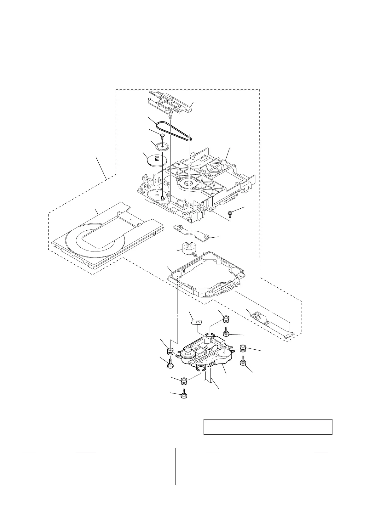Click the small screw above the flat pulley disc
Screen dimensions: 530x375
(x=162, y=136)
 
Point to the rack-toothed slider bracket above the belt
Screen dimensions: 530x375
(x=170, y=103)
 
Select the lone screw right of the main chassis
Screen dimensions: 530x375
(x=230, y=214)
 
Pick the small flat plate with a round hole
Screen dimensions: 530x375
(x=197, y=322)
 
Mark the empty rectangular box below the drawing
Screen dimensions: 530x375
(x=268, y=426)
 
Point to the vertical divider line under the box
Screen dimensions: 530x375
(x=175, y=466)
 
